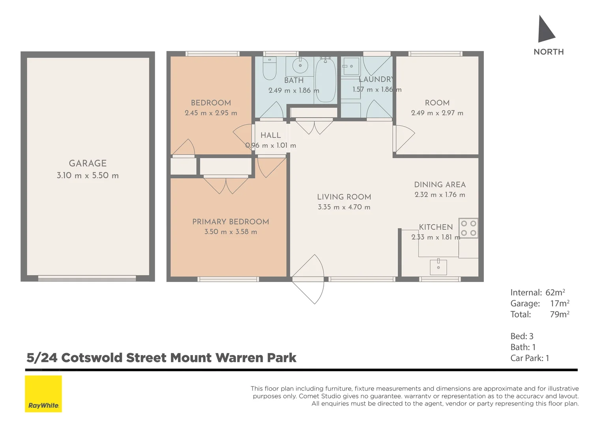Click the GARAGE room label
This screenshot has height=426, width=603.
(x=88, y=163)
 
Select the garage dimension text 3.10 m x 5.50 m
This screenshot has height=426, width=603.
(x=88, y=176)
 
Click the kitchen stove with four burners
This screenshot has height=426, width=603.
(x=468, y=228)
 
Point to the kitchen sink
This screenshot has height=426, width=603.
(x=438, y=267)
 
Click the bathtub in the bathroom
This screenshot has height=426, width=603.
(x=326, y=80)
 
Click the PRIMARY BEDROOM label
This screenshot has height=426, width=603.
(x=230, y=222)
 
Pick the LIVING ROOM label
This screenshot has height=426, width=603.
(x=344, y=197)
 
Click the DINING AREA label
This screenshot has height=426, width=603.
(x=440, y=185)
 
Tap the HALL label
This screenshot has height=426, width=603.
(x=271, y=135)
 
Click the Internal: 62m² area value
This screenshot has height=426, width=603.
(x=555, y=293)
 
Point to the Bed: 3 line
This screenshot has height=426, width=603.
(x=522, y=336)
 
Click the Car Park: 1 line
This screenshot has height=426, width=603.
(x=530, y=358)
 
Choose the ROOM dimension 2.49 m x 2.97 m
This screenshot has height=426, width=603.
(x=437, y=113)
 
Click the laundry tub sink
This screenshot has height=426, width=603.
(x=350, y=66)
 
